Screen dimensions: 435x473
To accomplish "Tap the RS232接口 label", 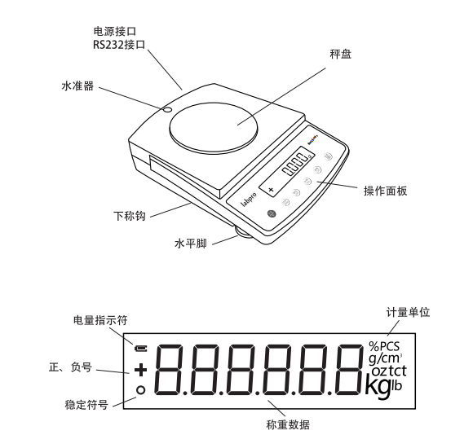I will pyautogui.click(x=118, y=45).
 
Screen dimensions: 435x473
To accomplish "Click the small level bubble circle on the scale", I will pyautogui.click(x=166, y=110).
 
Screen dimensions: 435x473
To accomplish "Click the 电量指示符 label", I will pyautogui.click(x=95, y=320).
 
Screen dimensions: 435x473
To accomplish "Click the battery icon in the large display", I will pyautogui.click(x=141, y=348).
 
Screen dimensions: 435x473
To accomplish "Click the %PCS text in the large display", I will pyautogui.click(x=383, y=345).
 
